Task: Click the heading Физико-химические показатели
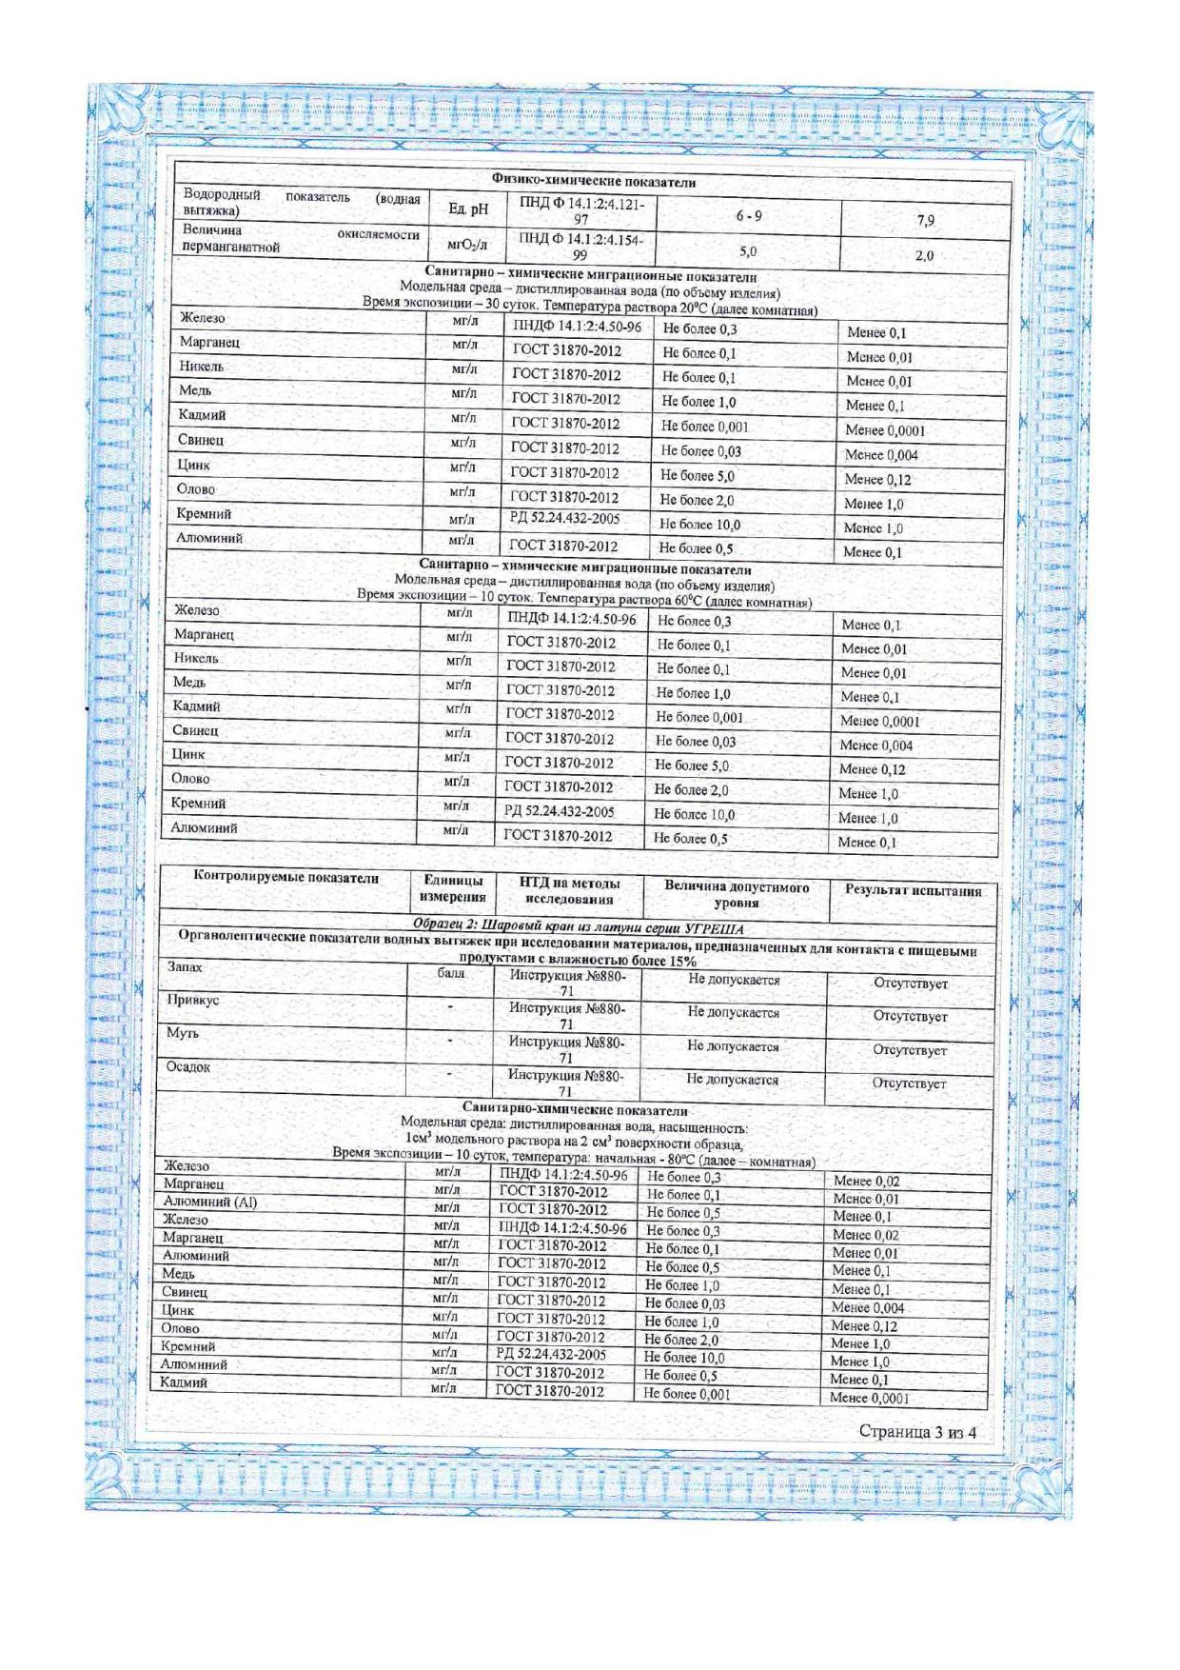(x=594, y=180)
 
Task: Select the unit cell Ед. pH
(x=467, y=209)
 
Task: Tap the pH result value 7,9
(x=925, y=220)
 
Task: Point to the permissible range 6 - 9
(x=749, y=216)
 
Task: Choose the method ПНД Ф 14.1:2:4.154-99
(x=580, y=247)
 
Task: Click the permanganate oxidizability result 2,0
(x=924, y=255)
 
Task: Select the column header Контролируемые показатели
(x=286, y=878)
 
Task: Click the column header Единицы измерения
(x=453, y=888)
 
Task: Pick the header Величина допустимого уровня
(x=737, y=894)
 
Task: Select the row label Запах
(x=185, y=967)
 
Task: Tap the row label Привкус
(x=192, y=1000)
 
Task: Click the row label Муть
(x=182, y=1032)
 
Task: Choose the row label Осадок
(x=187, y=1066)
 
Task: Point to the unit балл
(x=451, y=973)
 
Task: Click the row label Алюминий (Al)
(x=209, y=1202)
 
